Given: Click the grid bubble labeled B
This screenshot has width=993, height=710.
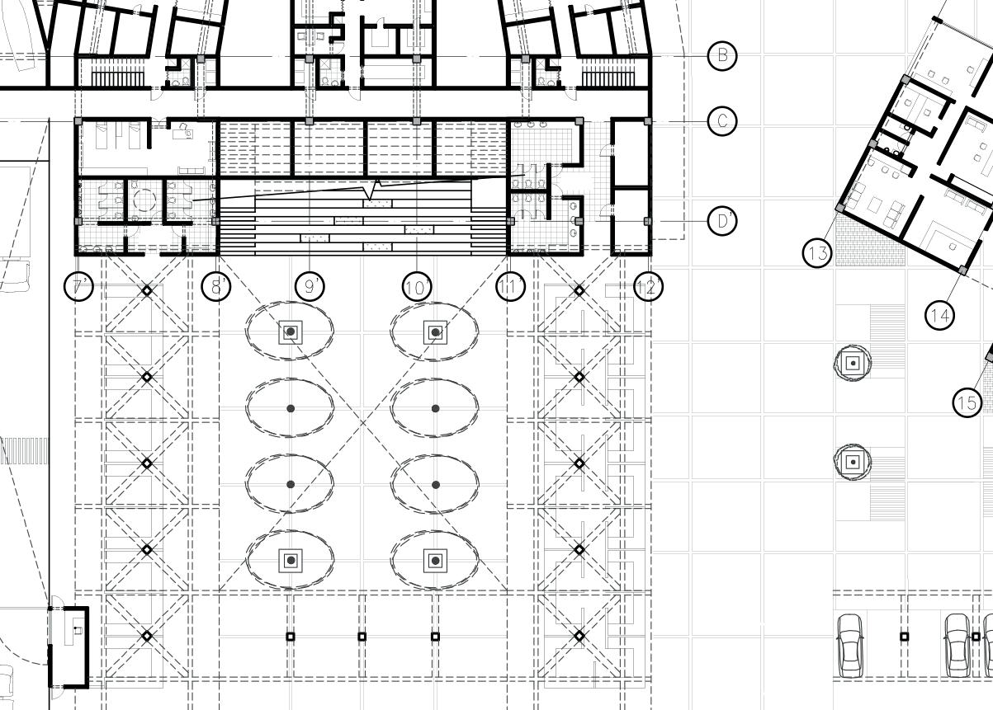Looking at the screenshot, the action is coord(722,55).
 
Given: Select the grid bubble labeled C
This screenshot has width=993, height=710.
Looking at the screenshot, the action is coord(722,122).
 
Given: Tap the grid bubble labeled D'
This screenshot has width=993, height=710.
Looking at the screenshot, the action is coord(722,221).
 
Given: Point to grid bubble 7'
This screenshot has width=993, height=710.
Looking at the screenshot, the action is coord(79,287).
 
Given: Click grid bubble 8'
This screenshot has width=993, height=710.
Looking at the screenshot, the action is coord(217,287).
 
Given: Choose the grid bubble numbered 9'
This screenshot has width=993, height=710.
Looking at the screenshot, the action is coord(310,287).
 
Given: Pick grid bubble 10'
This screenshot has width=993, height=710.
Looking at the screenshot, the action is coord(417,287).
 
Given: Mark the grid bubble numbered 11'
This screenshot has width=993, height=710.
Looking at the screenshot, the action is coord(510,287).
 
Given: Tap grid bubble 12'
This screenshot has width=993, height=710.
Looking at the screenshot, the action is coord(649,287).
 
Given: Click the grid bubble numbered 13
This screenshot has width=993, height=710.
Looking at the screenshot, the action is coord(817,253).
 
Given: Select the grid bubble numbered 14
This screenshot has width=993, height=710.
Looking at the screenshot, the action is coord(940,314).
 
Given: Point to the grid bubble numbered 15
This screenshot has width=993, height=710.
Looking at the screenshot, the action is coord(967,402).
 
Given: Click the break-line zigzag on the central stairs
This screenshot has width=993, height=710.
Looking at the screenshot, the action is coord(376,188).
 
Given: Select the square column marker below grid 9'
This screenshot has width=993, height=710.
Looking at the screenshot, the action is coord(291,637).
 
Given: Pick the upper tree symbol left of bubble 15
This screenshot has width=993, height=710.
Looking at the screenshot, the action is coord(853,363).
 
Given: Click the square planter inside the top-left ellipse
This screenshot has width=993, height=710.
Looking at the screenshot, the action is coord(291,332).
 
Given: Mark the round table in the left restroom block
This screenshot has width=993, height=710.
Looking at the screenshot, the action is coord(145,199).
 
